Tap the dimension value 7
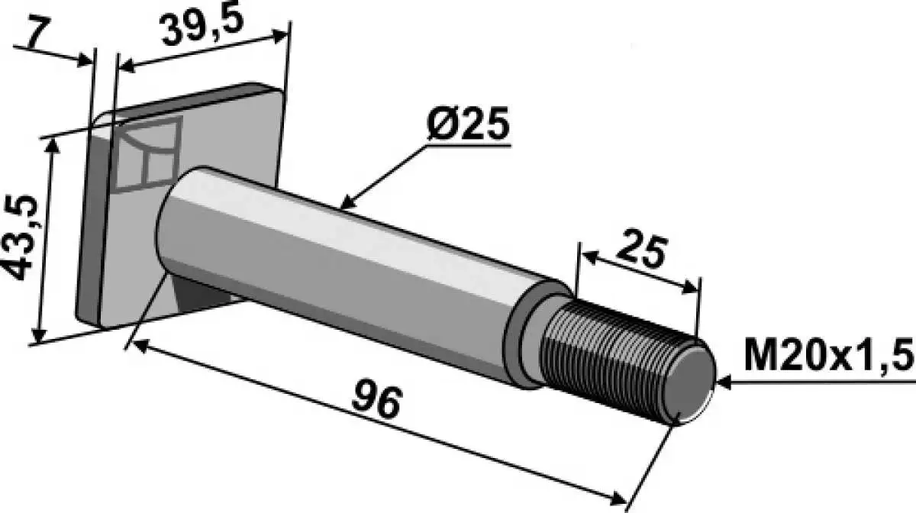tap(39, 34)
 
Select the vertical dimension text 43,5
tap(20, 237)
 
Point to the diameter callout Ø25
tap(468, 124)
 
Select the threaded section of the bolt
tap(626, 360)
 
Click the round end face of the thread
tap(689, 384)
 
